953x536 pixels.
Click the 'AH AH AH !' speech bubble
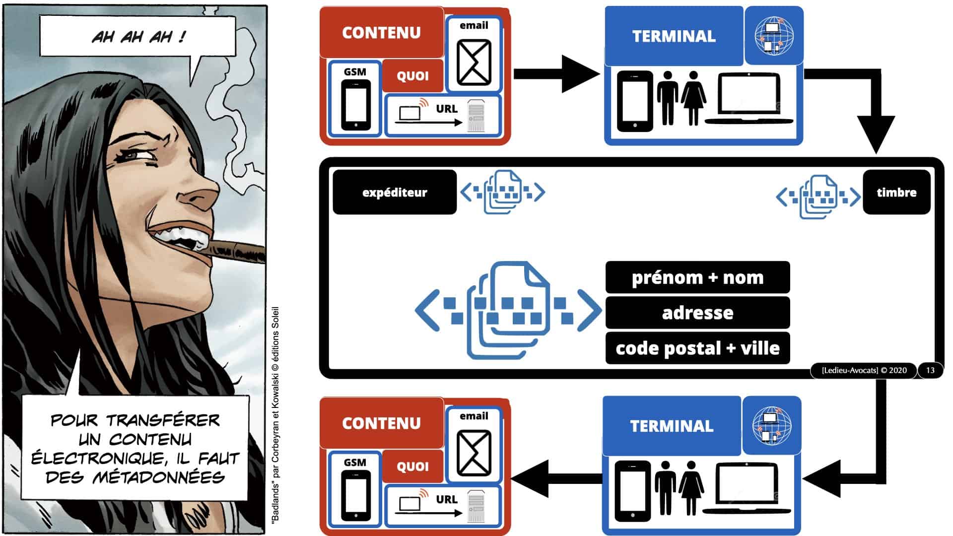coord(137,36)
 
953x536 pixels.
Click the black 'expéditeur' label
coord(395,193)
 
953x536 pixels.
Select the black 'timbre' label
coord(896,193)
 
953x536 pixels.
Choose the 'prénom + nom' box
coord(697,277)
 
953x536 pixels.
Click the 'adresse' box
coord(697,313)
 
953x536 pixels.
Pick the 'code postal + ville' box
coord(697,348)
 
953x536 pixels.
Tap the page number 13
coord(930,370)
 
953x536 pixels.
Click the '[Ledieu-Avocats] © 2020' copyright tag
coord(864,370)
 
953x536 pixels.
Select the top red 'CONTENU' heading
coord(381,33)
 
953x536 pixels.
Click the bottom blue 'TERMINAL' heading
coord(672,426)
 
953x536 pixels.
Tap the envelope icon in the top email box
coord(474,63)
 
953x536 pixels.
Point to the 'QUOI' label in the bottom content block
coord(412,467)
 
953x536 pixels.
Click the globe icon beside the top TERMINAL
coord(774,36)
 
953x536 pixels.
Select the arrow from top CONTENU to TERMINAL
coord(556,74)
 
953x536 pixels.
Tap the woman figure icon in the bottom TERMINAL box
coord(691,486)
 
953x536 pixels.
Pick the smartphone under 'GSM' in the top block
coord(356,105)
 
